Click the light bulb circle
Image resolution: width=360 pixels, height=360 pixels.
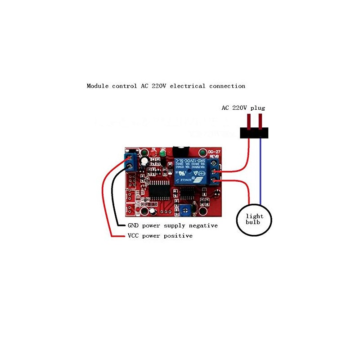point(254,219)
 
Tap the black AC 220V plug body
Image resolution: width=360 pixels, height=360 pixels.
point(254,133)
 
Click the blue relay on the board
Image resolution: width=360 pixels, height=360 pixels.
point(194,171)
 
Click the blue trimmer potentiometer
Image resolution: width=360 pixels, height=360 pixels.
point(185,208)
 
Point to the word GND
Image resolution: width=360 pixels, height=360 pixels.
point(133,225)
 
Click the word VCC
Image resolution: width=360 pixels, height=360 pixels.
point(133,236)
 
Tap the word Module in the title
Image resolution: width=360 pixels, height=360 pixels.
point(98,86)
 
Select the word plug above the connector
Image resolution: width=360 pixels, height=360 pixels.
point(258,108)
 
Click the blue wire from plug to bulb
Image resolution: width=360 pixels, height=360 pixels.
point(261,171)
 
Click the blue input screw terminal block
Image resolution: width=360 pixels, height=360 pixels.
point(131,161)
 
